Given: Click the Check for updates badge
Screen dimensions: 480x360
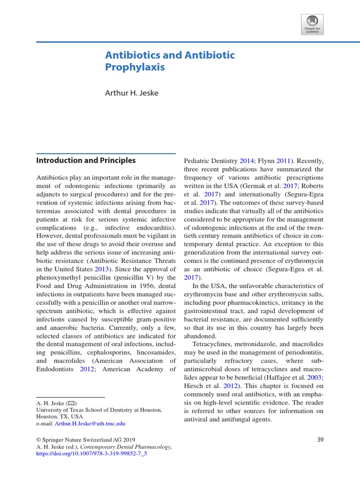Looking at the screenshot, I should point(312,24).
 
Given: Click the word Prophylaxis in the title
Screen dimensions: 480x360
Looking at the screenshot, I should point(135,67).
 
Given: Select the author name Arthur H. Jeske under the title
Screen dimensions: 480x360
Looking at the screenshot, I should point(131,93).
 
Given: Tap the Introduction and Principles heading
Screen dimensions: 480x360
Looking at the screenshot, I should point(86,160).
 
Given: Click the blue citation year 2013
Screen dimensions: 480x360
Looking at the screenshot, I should point(101,269).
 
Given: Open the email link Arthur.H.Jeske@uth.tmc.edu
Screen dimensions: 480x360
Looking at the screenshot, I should point(90,423).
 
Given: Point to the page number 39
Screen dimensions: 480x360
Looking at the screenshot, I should point(320,440).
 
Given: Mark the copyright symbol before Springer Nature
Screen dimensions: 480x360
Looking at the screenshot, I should point(39,440).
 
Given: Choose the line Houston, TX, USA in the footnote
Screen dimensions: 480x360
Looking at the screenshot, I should point(60,416).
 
